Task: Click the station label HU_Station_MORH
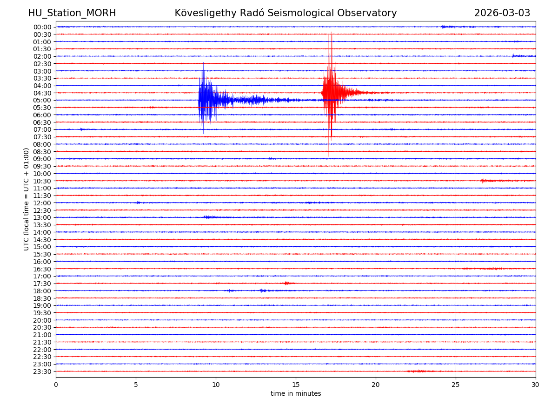[x=72, y=13]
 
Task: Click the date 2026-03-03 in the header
[x=502, y=13]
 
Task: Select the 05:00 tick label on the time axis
[x=42, y=100]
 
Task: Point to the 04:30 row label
[x=42, y=93]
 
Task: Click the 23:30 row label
[x=42, y=372]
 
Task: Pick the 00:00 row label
[x=42, y=27]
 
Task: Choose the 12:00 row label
[x=42, y=203]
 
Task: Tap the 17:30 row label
[x=42, y=284]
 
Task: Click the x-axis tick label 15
[x=296, y=385]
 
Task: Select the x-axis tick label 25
[x=456, y=385]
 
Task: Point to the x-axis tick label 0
[x=56, y=385]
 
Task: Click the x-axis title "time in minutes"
[x=296, y=394]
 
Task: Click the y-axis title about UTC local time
[x=27, y=199]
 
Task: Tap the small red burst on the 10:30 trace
[x=484, y=181]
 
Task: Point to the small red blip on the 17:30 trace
[x=286, y=283]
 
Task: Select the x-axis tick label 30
[x=536, y=385]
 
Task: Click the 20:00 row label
[x=42, y=320]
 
